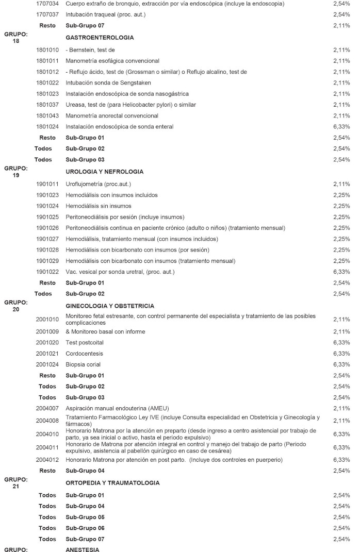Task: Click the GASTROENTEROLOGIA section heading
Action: pos(100,38)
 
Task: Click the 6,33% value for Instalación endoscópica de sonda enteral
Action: pos(341,127)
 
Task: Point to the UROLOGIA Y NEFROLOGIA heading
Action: pos(104,172)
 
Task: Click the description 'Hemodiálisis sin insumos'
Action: pos(99,206)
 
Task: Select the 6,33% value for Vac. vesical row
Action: pos(341,272)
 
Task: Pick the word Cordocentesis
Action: pos(85,354)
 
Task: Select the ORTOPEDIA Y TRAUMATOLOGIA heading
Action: pos(112,483)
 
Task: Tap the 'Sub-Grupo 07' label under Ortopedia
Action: pos(85,539)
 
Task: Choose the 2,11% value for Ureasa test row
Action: pos(341,105)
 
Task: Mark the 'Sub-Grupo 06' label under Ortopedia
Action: pos(85,528)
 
